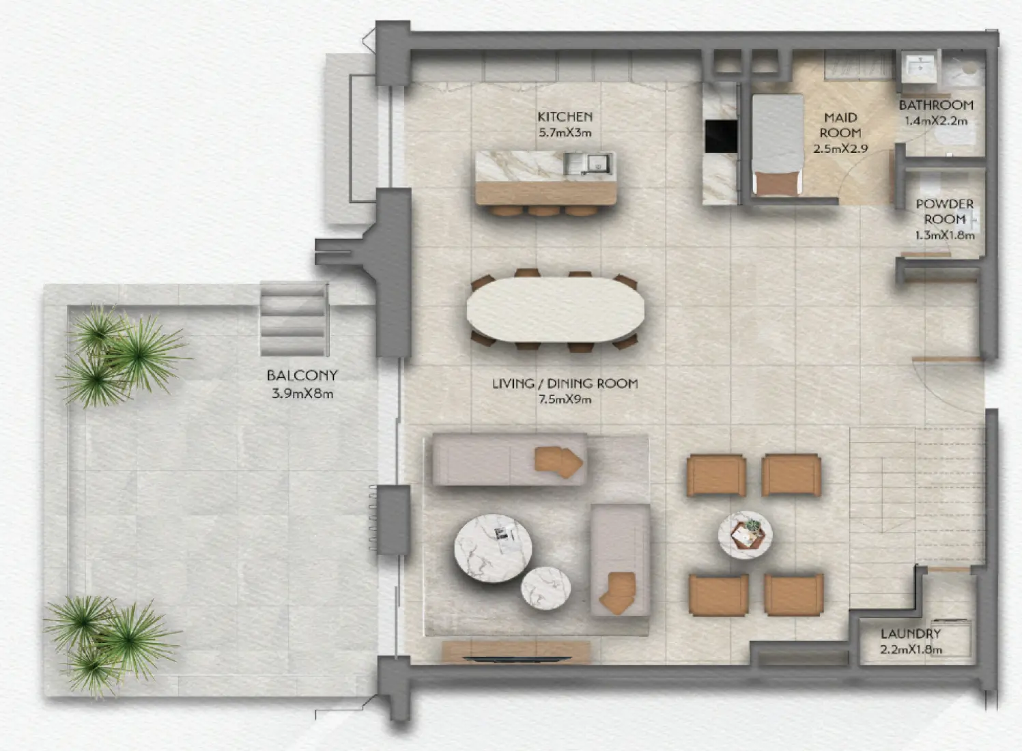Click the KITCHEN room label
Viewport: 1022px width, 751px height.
click(565, 117)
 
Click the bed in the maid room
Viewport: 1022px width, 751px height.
click(778, 145)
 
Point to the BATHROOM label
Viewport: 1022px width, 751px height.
click(936, 105)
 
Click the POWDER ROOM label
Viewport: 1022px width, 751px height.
click(944, 211)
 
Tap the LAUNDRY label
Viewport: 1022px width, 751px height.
click(911, 634)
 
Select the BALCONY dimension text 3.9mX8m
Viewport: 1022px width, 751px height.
click(302, 393)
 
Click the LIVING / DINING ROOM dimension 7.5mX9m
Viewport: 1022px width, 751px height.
click(565, 399)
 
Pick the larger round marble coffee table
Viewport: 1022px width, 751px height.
click(493, 548)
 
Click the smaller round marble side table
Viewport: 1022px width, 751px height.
click(545, 588)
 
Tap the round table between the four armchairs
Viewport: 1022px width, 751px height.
click(745, 535)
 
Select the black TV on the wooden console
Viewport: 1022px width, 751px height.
click(516, 659)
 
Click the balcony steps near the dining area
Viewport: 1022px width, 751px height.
click(294, 318)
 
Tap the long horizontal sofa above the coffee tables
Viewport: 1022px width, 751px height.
click(509, 459)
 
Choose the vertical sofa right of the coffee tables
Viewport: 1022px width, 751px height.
click(620, 561)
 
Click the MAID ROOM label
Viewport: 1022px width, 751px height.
click(840, 126)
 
